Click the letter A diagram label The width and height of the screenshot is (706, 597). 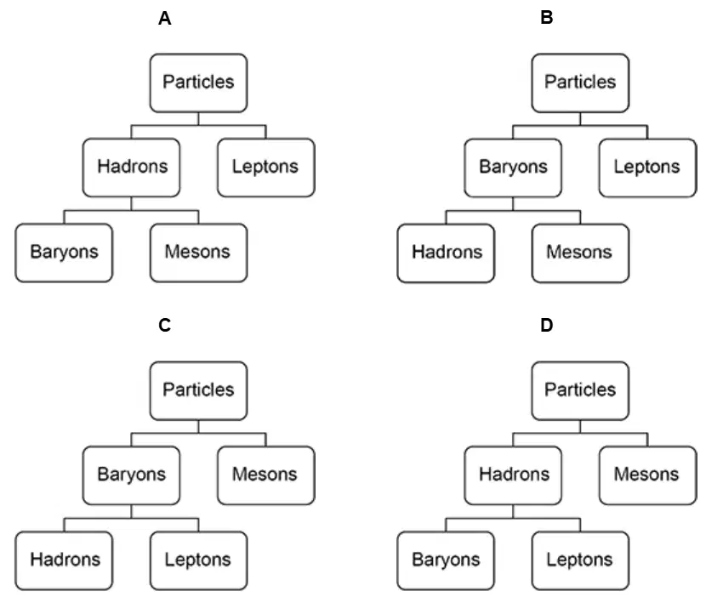(165, 19)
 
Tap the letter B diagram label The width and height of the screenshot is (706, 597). (547, 18)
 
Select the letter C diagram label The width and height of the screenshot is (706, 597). (165, 325)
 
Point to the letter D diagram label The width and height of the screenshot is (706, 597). (547, 325)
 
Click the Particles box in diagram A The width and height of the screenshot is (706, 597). (198, 82)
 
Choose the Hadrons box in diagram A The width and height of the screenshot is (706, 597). (132, 168)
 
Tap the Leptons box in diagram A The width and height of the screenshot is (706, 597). (266, 168)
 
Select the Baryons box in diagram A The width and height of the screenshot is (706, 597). (64, 253)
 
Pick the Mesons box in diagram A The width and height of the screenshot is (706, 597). (198, 253)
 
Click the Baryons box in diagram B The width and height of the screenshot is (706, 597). (513, 168)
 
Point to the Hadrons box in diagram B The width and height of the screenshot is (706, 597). (446, 253)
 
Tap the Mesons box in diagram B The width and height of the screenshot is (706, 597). (580, 253)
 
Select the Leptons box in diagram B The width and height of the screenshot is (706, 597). (647, 168)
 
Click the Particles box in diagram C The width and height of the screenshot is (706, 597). (198, 391)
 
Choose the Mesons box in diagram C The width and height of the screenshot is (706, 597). (266, 475)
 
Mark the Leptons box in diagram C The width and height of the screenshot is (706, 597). (198, 560)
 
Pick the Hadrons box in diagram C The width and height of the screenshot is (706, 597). (64, 560)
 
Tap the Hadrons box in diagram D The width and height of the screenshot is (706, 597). (513, 475)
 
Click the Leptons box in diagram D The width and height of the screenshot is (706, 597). (580, 560)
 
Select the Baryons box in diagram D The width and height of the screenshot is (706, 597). (446, 560)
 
